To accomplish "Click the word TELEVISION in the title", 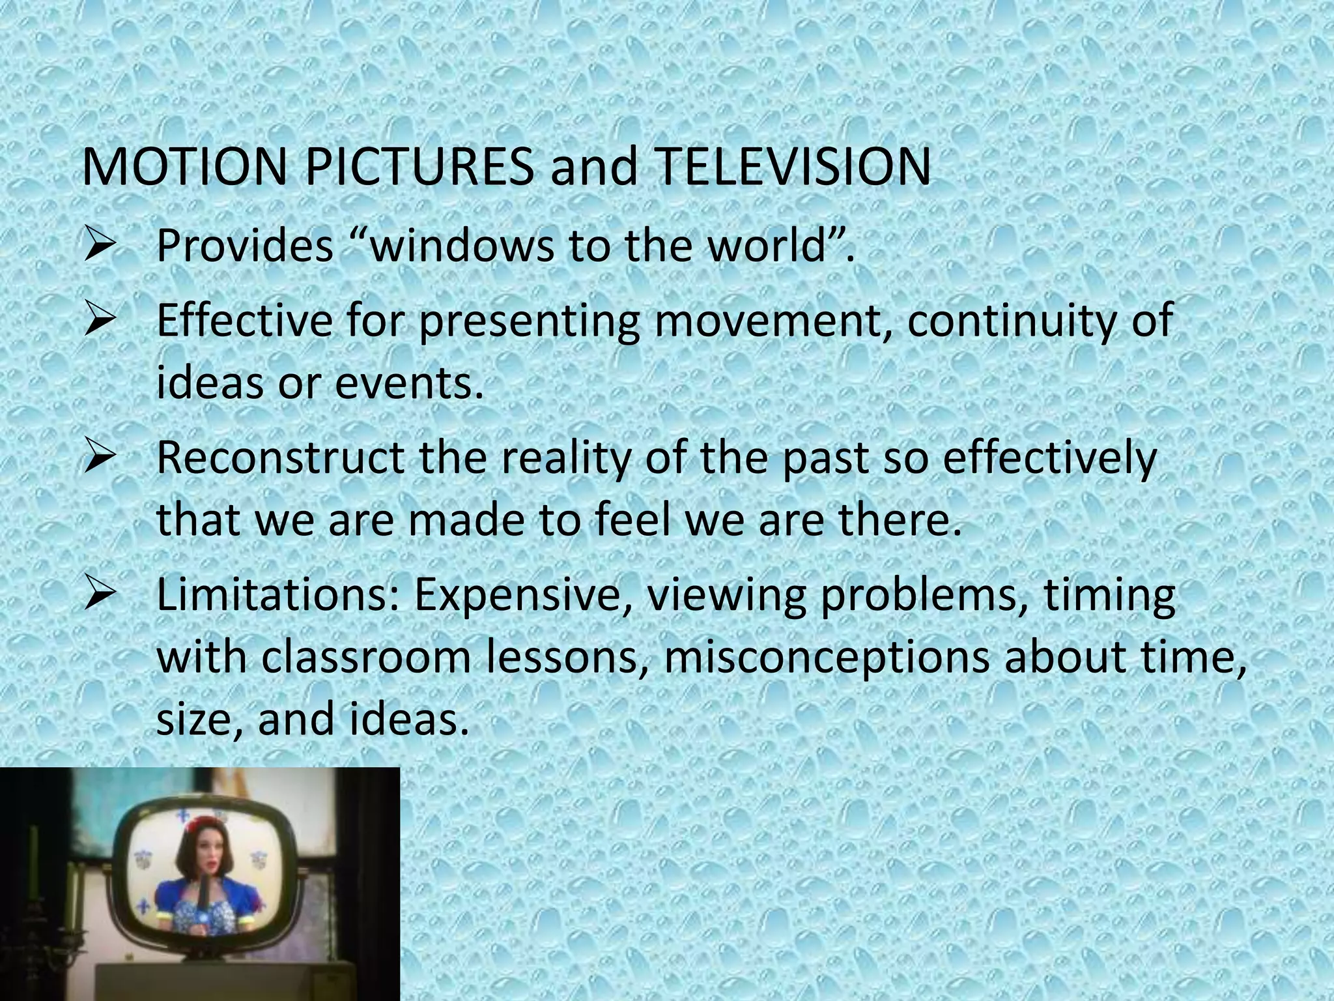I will pos(793,167).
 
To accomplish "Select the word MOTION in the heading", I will pos(184,167).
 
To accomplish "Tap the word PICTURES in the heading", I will pos(418,167).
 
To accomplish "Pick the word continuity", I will pos(1011,321).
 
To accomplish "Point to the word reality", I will pos(567,458).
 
